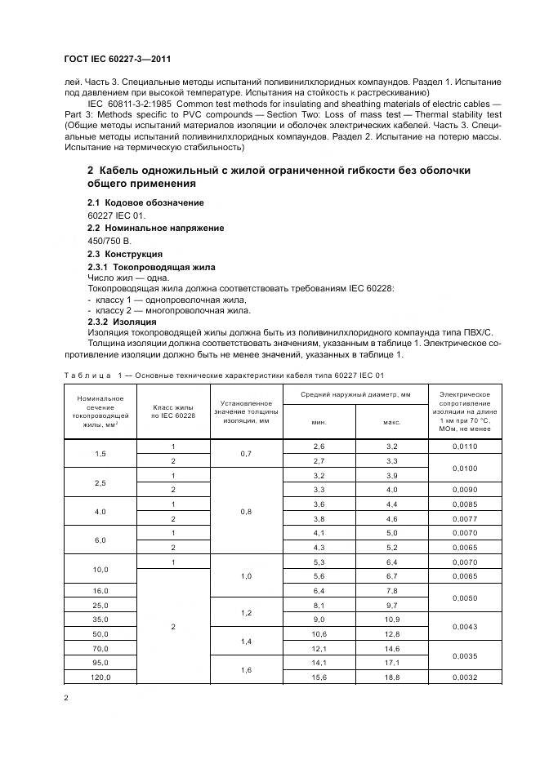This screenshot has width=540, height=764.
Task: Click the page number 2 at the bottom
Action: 66,699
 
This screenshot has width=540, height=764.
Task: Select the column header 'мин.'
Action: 319,422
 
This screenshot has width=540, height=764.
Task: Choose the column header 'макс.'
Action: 391,422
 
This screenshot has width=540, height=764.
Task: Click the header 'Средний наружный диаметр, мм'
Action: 355,394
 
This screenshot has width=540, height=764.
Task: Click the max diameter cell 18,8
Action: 391,677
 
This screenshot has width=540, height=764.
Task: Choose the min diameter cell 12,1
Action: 319,647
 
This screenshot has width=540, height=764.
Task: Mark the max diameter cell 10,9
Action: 391,618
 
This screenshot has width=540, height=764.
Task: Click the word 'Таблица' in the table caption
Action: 86,375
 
